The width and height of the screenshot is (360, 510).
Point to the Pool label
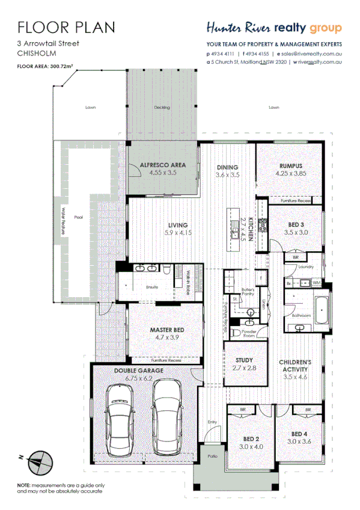78,218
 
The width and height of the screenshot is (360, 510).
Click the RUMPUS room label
290,166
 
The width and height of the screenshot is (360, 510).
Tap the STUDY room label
244,360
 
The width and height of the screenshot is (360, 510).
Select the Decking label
162,108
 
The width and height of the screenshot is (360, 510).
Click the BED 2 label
251,438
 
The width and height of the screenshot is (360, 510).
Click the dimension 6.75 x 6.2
139,379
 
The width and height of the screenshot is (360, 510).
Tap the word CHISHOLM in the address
38,53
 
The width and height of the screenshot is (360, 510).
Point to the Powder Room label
248,333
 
